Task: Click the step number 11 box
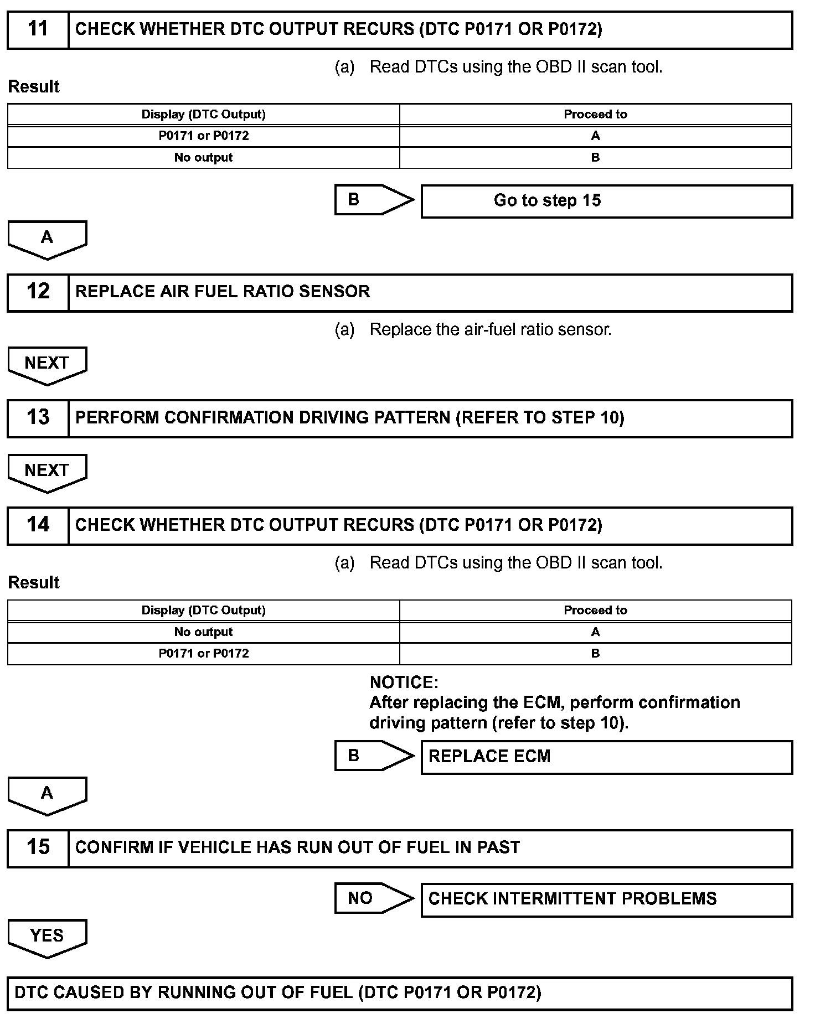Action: point(38,30)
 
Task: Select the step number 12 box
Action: point(38,292)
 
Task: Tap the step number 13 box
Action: point(38,418)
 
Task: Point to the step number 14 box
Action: point(38,526)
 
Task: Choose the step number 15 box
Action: point(38,848)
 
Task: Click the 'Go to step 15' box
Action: point(606,201)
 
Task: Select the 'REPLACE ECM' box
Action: point(606,757)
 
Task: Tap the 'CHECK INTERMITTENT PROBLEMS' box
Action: point(606,900)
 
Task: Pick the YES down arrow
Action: point(47,938)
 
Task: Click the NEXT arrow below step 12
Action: point(47,365)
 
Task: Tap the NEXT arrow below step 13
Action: point(47,472)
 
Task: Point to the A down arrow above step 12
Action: point(47,239)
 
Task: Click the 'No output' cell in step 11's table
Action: point(203,158)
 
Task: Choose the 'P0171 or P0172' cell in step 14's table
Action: point(203,654)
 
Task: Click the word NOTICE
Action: point(404,682)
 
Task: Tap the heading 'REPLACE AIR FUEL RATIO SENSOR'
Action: point(223,292)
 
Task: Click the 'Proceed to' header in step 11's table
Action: point(595,115)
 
